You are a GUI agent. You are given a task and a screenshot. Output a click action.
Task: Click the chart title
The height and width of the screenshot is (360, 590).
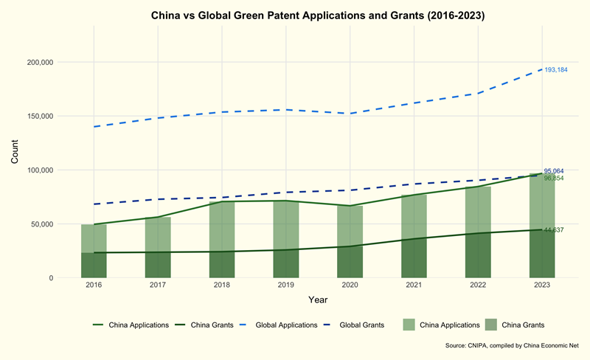pyautogui.click(x=317, y=15)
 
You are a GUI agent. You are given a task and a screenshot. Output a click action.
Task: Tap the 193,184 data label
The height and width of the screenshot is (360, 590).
pyautogui.click(x=555, y=70)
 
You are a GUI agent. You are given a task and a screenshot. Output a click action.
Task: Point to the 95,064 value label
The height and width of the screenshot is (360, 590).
pyautogui.click(x=554, y=171)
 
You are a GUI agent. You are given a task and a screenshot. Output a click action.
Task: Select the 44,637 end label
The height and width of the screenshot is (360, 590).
pyautogui.click(x=554, y=230)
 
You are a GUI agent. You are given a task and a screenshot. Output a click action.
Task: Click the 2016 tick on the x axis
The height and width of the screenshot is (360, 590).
pyautogui.click(x=94, y=285)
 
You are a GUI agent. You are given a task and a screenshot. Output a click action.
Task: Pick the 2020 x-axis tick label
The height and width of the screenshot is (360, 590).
pyautogui.click(x=350, y=285)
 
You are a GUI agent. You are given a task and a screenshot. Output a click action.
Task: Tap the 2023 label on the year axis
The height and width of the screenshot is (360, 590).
pyautogui.click(x=541, y=285)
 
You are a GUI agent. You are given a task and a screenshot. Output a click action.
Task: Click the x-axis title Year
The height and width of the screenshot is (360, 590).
pyautogui.click(x=318, y=300)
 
